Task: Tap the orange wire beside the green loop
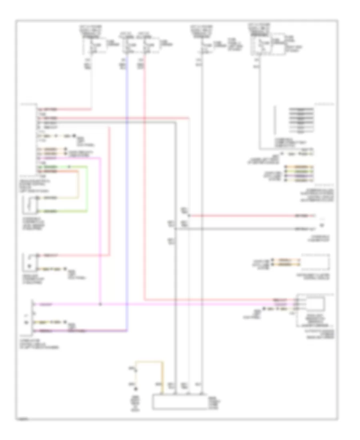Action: click(78, 184)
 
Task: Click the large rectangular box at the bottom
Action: click(178, 402)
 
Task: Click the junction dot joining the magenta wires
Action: click(100, 304)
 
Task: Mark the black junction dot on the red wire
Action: click(188, 216)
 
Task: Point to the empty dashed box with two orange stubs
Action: click(315, 262)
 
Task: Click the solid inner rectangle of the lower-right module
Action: click(315, 304)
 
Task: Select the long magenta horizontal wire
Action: click(200, 304)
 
